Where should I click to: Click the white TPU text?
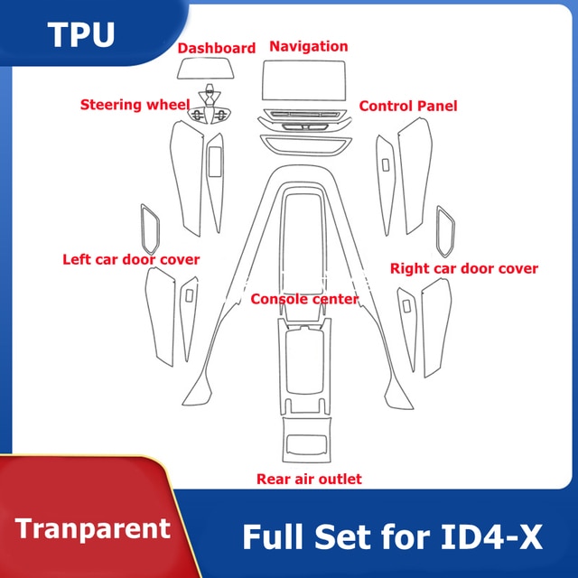tap(81, 34)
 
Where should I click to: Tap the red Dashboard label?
tap(217, 48)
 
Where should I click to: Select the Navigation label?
tap(309, 46)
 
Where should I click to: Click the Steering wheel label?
tap(135, 105)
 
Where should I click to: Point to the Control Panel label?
tap(408, 107)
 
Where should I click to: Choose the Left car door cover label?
tap(131, 259)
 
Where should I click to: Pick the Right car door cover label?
tap(464, 268)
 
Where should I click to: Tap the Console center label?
tap(304, 299)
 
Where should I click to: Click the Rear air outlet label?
tap(309, 479)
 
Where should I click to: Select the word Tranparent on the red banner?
tap(92, 529)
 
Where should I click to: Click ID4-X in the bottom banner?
tap(491, 537)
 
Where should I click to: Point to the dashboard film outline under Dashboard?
tap(205, 69)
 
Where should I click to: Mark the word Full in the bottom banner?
tap(274, 537)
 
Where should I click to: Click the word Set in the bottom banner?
tap(343, 537)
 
